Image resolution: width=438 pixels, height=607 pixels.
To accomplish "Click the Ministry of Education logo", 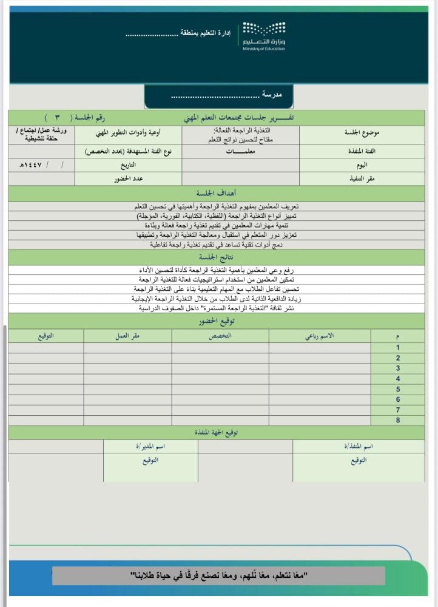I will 264,36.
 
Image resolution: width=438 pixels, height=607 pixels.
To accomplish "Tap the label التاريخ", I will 128,164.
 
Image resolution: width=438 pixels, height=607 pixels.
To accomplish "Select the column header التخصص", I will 220,336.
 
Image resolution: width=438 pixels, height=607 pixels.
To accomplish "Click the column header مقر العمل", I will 127,336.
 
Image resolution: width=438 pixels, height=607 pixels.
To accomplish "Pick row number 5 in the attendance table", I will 398,389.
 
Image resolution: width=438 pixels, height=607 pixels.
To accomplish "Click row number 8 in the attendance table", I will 398,420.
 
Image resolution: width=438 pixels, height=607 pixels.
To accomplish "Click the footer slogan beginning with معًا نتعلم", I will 219,575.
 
